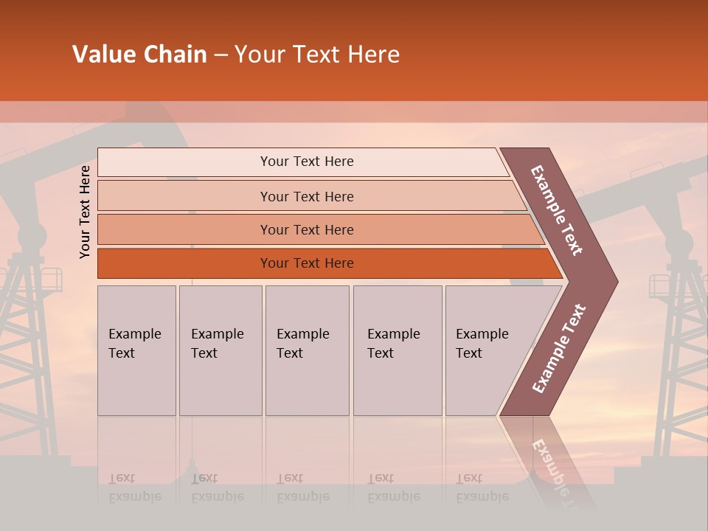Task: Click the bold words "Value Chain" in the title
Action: coord(139,55)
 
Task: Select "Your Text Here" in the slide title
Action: coord(317,55)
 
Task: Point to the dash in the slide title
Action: coord(221,55)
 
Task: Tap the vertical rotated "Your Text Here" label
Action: coord(85,212)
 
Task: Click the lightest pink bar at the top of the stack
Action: coord(307,162)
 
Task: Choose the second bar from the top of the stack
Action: coord(307,196)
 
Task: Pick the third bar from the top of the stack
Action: coord(307,229)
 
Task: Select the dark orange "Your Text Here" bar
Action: coord(307,263)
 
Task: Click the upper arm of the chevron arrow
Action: coord(558,211)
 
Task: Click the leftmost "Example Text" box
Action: coord(136,350)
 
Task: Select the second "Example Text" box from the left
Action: coord(220,350)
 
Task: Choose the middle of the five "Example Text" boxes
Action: coord(307,350)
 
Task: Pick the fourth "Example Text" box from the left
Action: coord(397,350)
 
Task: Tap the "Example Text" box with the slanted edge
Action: coord(487,350)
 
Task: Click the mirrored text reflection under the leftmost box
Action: coord(134,488)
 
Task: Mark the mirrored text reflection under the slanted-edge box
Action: coord(482,488)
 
